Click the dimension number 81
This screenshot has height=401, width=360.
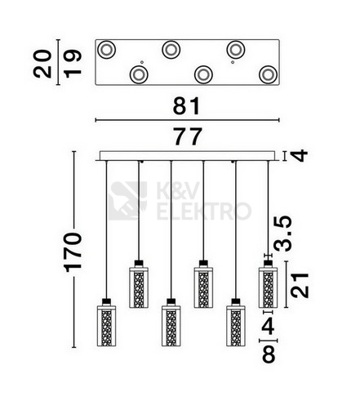pos(187,106)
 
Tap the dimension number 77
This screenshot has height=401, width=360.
pos(188,136)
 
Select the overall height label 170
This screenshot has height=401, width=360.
pos(73,252)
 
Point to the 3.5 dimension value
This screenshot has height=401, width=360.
pos(282,234)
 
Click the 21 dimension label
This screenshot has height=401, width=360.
pos(300,285)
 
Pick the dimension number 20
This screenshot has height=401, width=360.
pos(42,64)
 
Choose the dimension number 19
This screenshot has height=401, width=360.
pos(73,64)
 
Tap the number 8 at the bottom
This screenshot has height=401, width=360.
pos(269,354)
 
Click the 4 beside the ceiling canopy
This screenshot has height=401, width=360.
pos(300,155)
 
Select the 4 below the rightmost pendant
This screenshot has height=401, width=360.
pos(268,326)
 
